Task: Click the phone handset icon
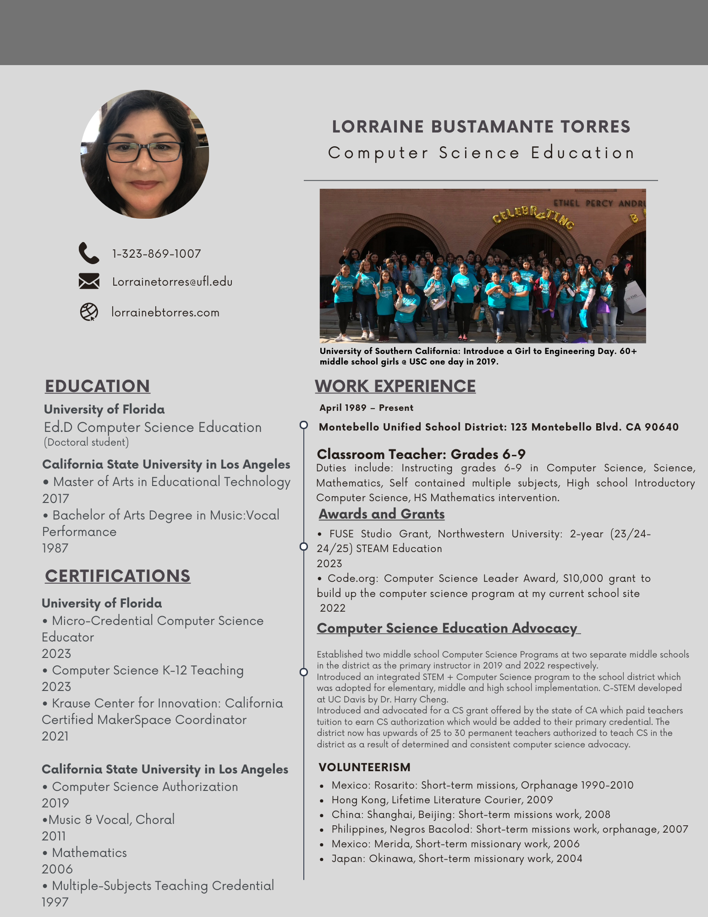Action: (x=88, y=253)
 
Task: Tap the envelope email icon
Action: (x=89, y=281)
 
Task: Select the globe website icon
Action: (x=89, y=312)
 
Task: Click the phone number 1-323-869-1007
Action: (x=157, y=254)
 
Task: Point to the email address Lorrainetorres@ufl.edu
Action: (x=172, y=282)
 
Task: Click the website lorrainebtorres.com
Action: (x=165, y=312)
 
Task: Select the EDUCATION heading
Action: (x=97, y=386)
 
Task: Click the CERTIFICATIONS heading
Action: (x=117, y=576)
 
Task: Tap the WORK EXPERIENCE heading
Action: (x=395, y=386)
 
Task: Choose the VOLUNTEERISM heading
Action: (x=365, y=767)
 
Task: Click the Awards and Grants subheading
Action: (x=382, y=514)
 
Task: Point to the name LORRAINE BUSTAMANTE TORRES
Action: (x=481, y=127)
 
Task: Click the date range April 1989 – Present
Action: (x=367, y=408)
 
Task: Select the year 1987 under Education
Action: (x=55, y=548)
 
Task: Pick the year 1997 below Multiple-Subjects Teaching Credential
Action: (x=55, y=902)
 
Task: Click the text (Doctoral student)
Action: (x=86, y=442)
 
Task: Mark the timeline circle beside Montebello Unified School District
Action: (x=303, y=425)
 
